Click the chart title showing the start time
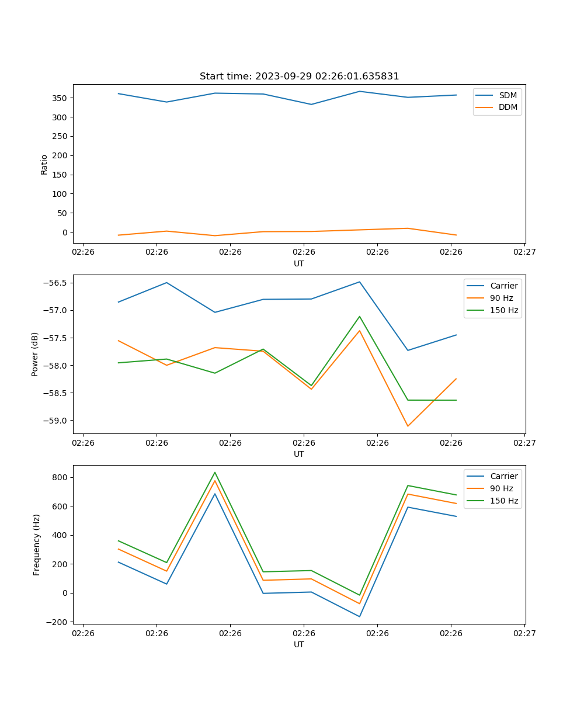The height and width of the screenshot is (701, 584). pyautogui.click(x=299, y=77)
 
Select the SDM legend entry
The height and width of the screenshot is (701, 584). pyautogui.click(x=507, y=95)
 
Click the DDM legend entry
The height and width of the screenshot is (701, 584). pyautogui.click(x=507, y=107)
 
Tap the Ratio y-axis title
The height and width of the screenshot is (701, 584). pyautogui.click(x=44, y=164)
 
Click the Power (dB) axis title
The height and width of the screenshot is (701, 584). pyautogui.click(x=35, y=354)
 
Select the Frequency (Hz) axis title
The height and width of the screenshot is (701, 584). pyautogui.click(x=37, y=545)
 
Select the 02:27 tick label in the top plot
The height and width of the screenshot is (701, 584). pyautogui.click(x=524, y=253)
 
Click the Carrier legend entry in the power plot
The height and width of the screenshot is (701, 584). pyautogui.click(x=503, y=286)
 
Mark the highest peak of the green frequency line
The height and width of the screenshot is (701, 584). pyautogui.click(x=215, y=473)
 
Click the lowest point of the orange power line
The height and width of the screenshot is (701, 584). pyautogui.click(x=408, y=426)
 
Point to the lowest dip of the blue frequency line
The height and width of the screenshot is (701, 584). pyautogui.click(x=359, y=616)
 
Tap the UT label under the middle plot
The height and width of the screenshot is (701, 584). pyautogui.click(x=299, y=454)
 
